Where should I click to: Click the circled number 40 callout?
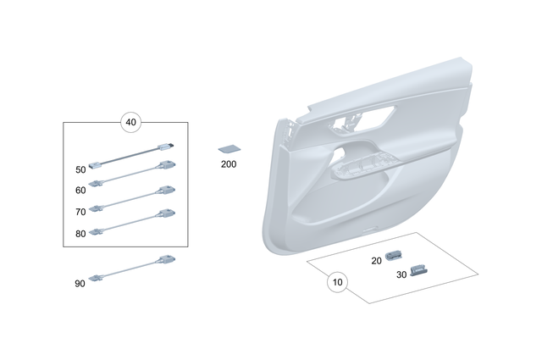[130, 122]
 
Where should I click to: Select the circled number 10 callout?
[337, 282]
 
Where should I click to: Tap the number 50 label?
[80, 169]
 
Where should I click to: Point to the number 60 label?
[80, 191]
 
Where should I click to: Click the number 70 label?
[80, 212]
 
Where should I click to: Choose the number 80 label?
[80, 233]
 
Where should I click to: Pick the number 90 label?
[80, 284]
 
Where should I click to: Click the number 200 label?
[229, 163]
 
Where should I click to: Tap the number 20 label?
[376, 261]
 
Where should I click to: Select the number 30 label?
[401, 274]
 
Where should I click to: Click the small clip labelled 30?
[419, 269]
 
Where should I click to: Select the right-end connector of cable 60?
[169, 166]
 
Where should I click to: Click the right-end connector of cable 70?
[169, 190]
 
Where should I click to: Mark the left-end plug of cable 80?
[97, 230]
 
